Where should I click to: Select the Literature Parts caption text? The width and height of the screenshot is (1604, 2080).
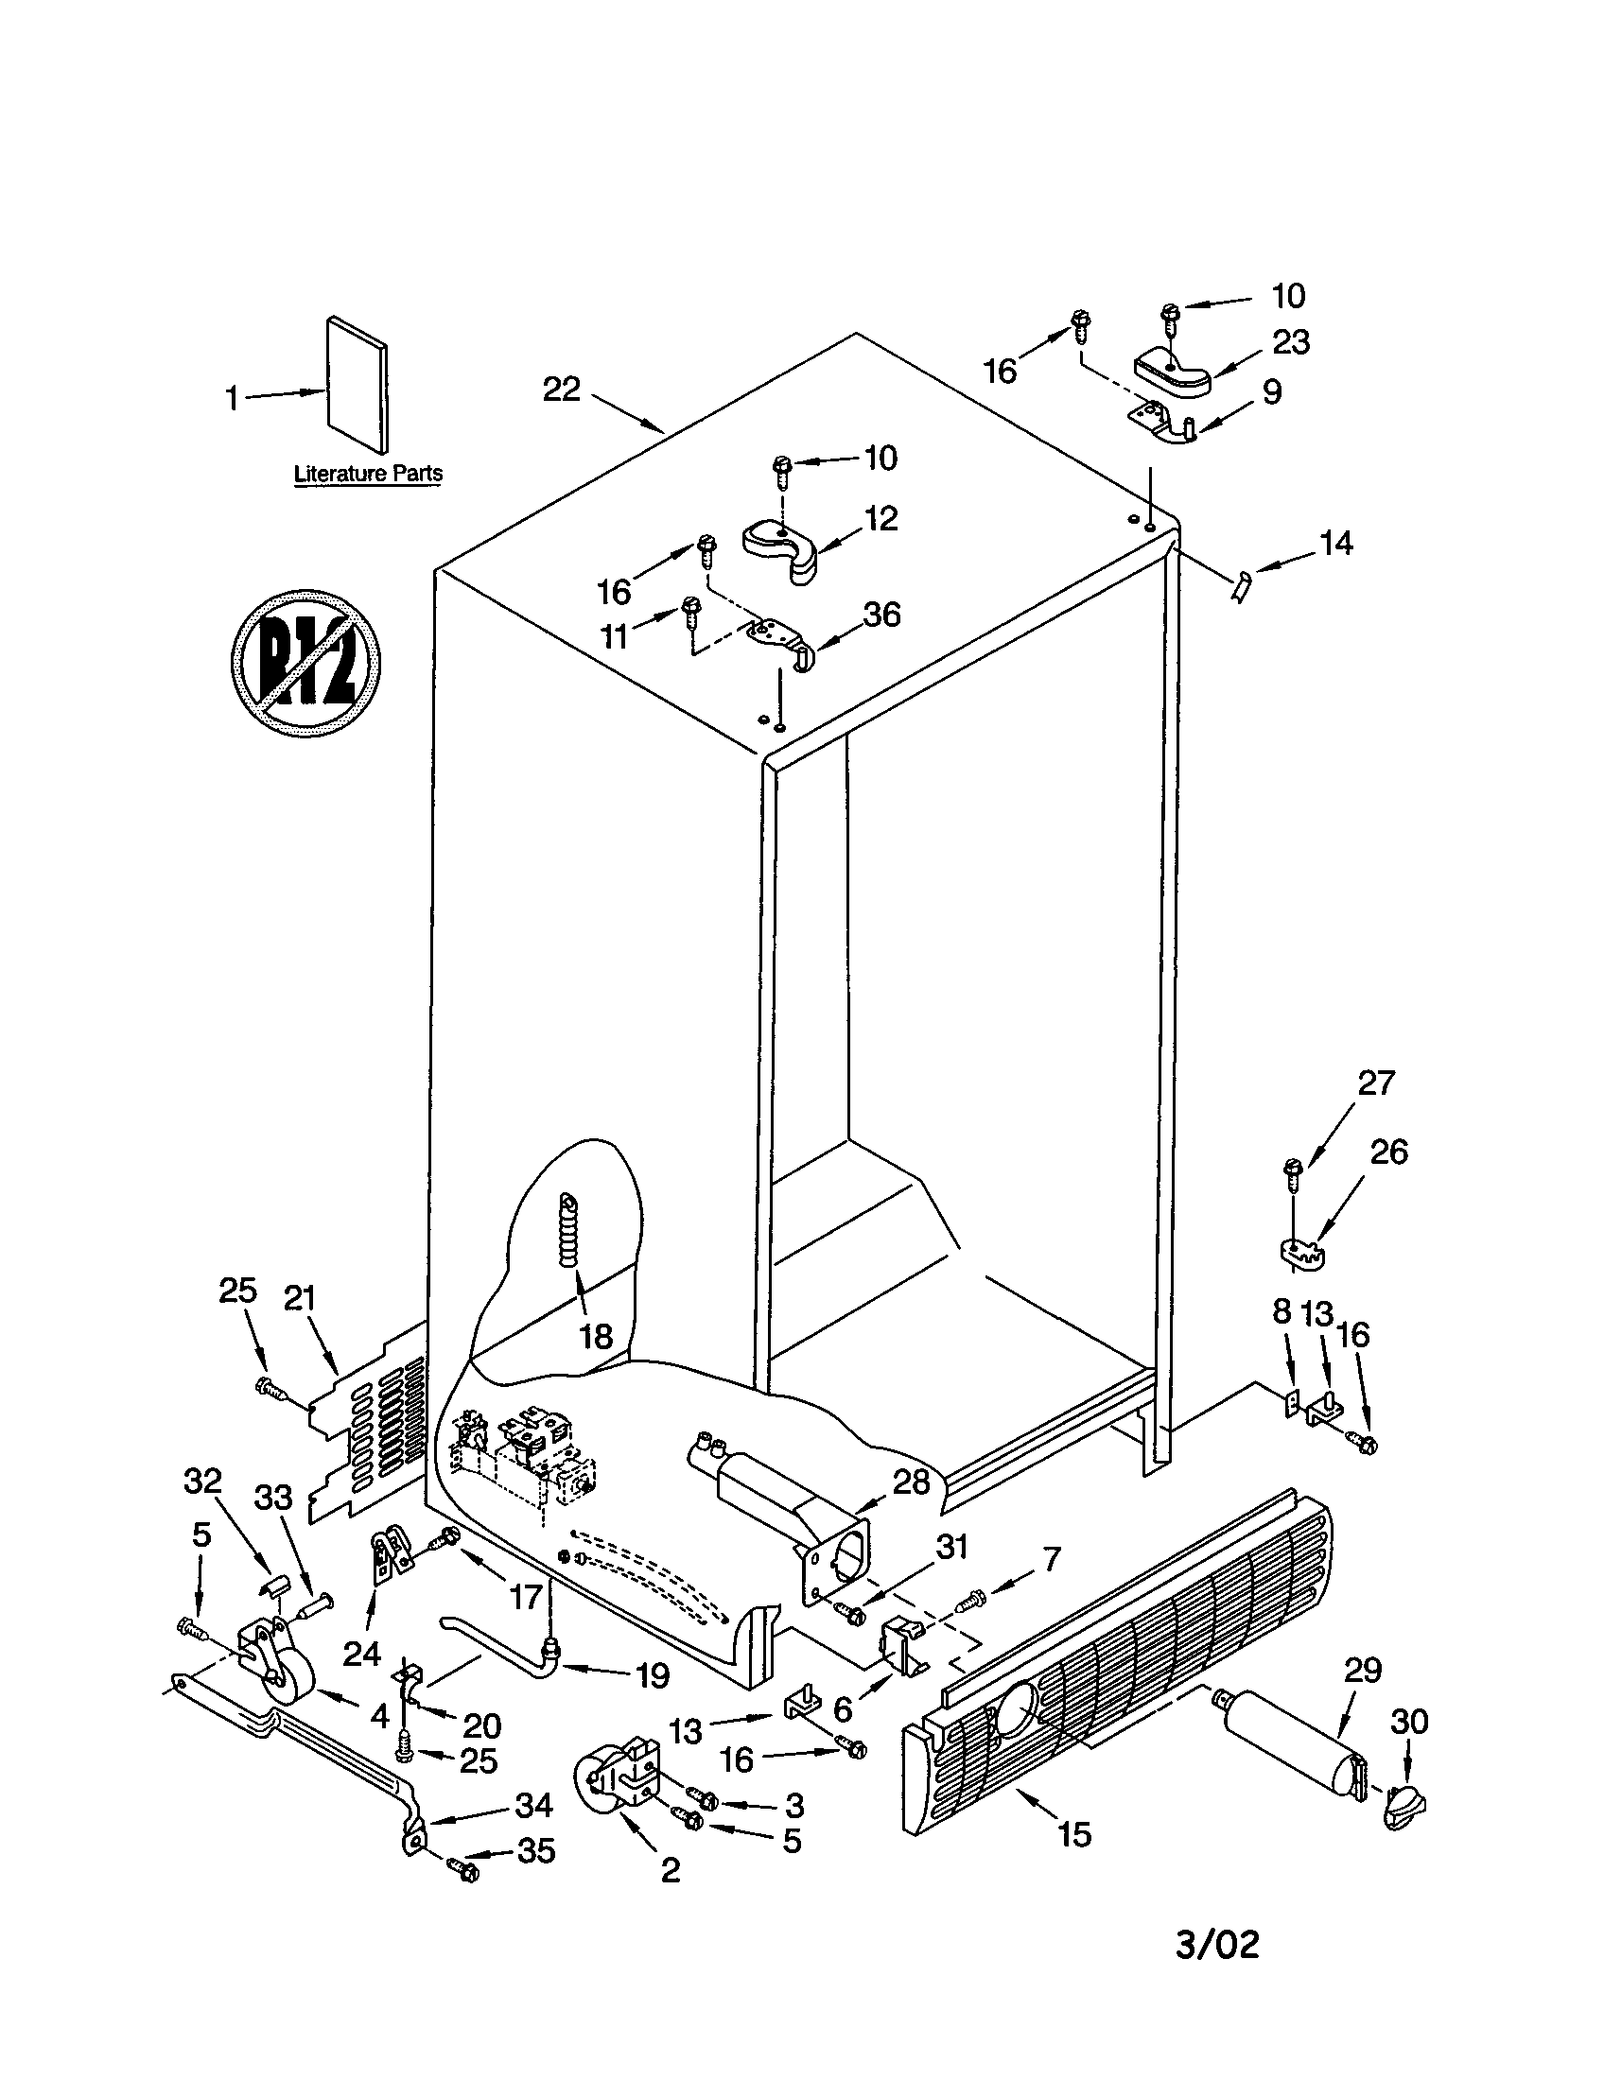coord(368,474)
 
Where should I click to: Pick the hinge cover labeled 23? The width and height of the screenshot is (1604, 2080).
coord(1172,373)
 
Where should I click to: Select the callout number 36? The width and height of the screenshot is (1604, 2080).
coord(881,615)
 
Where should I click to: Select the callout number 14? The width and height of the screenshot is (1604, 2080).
coord(1335,544)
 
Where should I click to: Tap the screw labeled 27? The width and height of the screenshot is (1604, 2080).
coord(1294,1172)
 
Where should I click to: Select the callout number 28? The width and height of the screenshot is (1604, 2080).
coord(911,1481)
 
